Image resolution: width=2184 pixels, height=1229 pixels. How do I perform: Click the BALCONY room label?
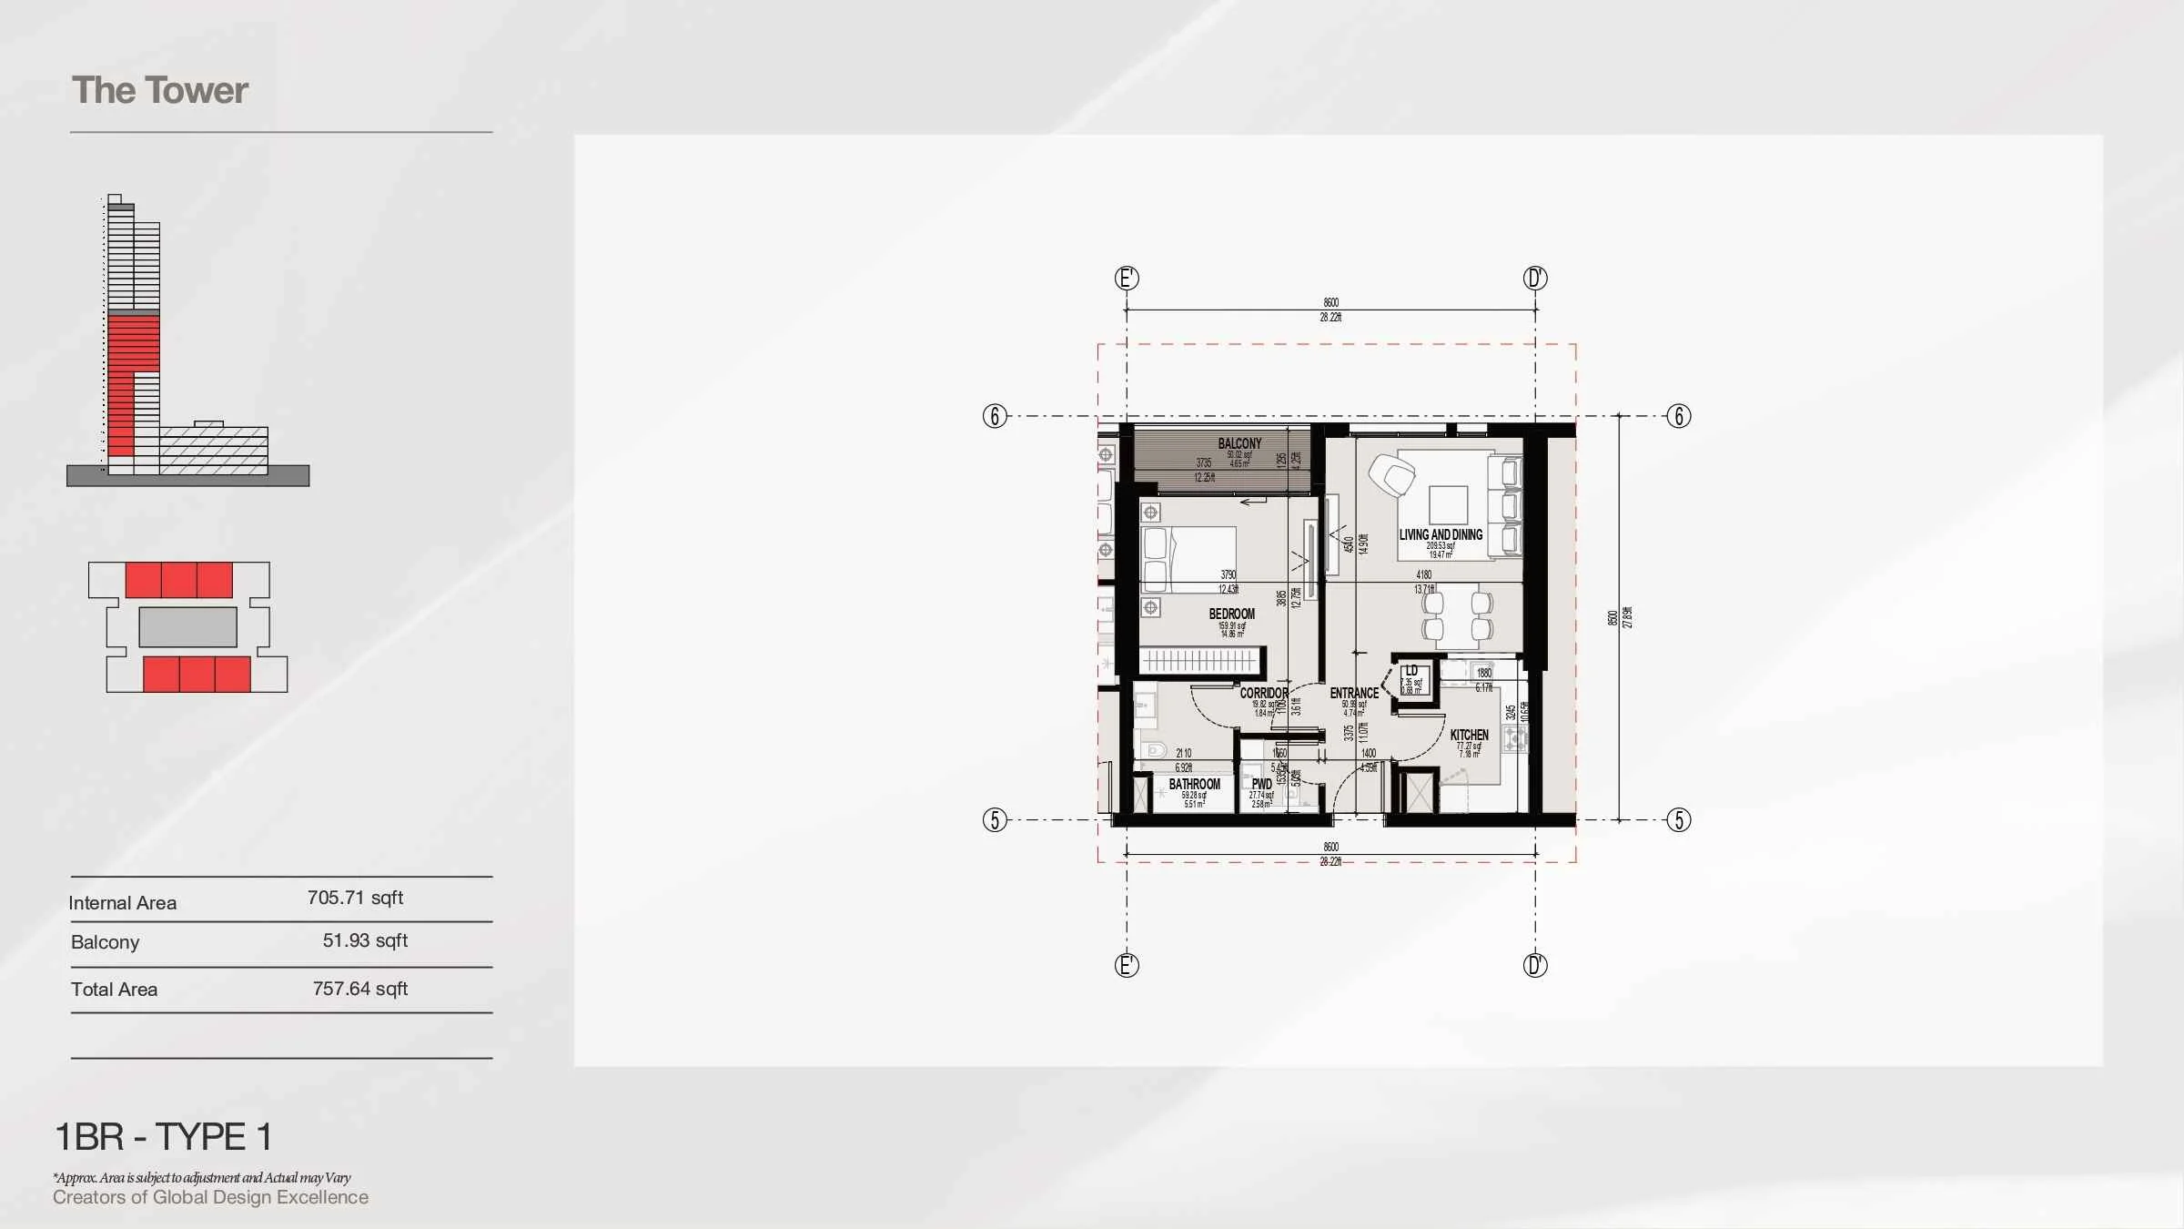[x=1239, y=443]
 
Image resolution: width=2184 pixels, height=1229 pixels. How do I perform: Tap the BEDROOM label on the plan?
[x=1231, y=614]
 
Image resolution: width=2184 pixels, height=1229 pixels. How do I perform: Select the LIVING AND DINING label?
[x=1441, y=534]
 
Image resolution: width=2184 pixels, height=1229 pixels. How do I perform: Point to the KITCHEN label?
[x=1469, y=735]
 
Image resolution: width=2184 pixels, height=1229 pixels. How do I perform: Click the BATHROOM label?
[x=1194, y=784]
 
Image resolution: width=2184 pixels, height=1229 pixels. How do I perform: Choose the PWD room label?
[x=1261, y=784]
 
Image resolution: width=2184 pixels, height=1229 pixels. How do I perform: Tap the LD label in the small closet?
[x=1411, y=671]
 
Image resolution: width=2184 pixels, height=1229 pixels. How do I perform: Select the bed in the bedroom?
[x=1188, y=559]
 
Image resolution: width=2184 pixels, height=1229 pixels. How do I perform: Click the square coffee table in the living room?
[x=1448, y=504]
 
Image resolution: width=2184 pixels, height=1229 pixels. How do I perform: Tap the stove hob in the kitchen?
[x=1514, y=738]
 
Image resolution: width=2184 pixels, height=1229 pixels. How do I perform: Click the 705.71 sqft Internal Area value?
[x=355, y=898]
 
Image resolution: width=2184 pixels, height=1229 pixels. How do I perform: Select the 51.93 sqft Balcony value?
[x=365, y=940]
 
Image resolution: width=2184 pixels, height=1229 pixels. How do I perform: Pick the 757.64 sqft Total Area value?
[x=359, y=989]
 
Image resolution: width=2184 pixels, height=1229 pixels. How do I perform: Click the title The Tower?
[x=159, y=90]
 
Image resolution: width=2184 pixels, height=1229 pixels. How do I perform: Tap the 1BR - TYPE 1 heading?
[x=164, y=1136]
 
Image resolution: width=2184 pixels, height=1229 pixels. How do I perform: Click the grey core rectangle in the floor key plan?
[x=187, y=626]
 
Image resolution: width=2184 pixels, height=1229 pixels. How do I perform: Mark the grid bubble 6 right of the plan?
[x=1678, y=416]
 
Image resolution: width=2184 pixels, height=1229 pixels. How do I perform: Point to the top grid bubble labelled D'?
[x=1535, y=278]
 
